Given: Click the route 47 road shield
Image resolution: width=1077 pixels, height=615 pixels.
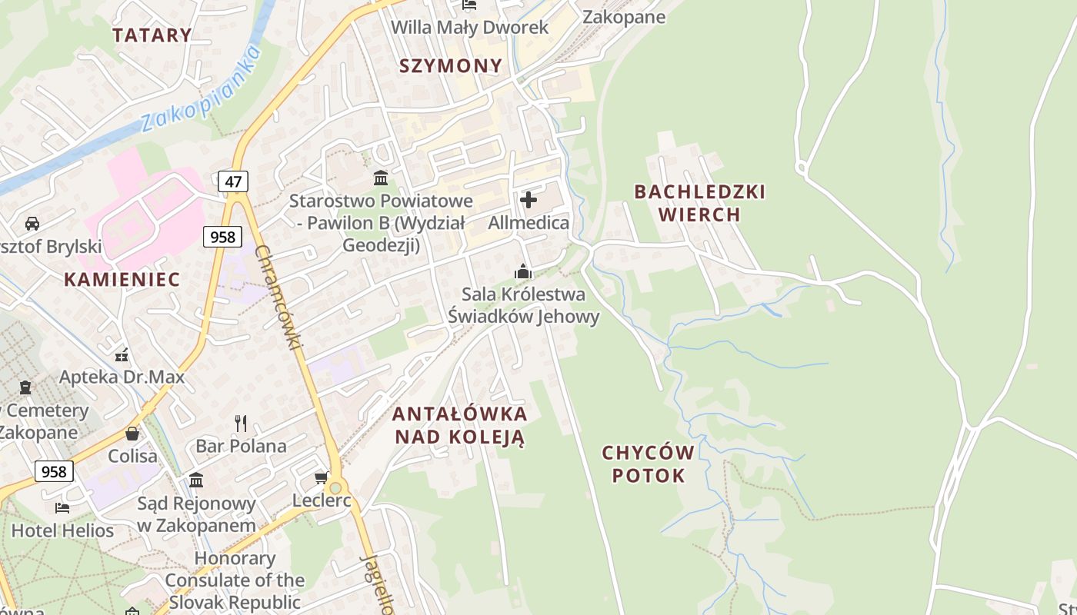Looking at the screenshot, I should [x=232, y=182].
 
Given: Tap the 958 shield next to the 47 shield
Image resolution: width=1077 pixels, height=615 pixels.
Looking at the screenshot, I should [x=222, y=237].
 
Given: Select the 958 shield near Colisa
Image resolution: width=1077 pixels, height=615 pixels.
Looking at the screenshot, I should [x=54, y=471].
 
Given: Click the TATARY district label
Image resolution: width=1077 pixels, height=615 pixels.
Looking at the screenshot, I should [x=152, y=35].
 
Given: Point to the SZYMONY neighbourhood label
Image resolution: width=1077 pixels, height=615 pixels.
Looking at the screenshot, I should [x=451, y=66].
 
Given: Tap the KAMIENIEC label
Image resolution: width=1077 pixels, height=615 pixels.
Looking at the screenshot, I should [x=122, y=280].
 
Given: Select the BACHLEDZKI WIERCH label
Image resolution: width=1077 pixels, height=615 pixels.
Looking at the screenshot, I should [x=699, y=203].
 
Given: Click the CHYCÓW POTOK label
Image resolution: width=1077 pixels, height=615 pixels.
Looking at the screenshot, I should [x=648, y=464].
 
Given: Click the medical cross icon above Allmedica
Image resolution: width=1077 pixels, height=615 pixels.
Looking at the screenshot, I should [x=528, y=201].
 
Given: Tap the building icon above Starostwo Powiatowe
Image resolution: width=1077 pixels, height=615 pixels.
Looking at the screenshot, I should [x=380, y=178].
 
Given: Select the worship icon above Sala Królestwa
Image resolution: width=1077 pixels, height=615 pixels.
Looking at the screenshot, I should [x=523, y=271].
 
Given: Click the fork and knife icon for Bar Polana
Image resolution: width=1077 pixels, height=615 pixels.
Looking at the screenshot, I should [x=241, y=423].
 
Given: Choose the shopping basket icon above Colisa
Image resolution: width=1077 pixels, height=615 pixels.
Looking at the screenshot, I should [x=132, y=434].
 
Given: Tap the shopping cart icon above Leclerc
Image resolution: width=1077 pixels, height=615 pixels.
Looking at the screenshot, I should [x=322, y=478].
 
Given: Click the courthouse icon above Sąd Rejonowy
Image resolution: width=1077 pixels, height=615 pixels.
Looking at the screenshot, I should [x=196, y=480].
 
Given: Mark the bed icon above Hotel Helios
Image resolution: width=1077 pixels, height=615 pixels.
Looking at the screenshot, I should [x=62, y=507].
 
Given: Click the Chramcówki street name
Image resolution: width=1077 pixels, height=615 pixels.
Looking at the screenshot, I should [x=279, y=296].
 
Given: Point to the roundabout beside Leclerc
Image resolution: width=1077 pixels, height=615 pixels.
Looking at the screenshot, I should [x=335, y=487].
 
